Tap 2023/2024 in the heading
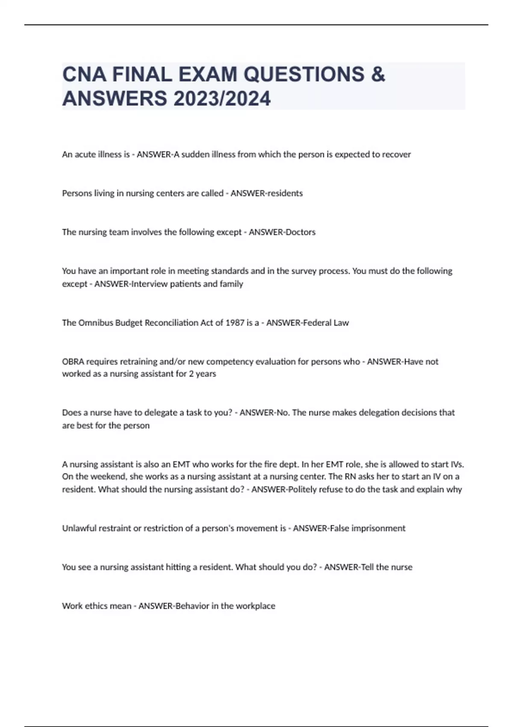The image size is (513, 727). click(222, 98)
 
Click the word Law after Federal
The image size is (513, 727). click(341, 323)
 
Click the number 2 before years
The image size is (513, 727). click(191, 374)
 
